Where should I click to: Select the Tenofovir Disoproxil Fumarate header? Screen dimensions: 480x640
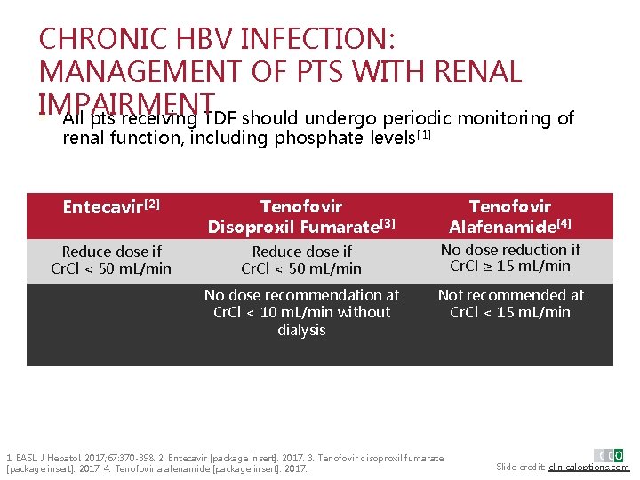tap(301, 217)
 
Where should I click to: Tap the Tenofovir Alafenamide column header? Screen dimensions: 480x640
tap(510, 217)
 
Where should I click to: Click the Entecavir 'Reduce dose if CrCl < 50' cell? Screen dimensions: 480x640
tap(111, 260)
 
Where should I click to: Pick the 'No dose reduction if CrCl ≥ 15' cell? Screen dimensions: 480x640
tap(510, 258)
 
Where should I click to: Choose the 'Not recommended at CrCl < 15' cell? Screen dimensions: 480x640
tap(510, 303)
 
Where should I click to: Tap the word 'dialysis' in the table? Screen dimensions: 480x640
tap(301, 330)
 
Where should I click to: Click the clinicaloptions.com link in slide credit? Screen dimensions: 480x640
tap(588, 467)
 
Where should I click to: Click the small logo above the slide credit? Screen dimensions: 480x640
tap(609, 455)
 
